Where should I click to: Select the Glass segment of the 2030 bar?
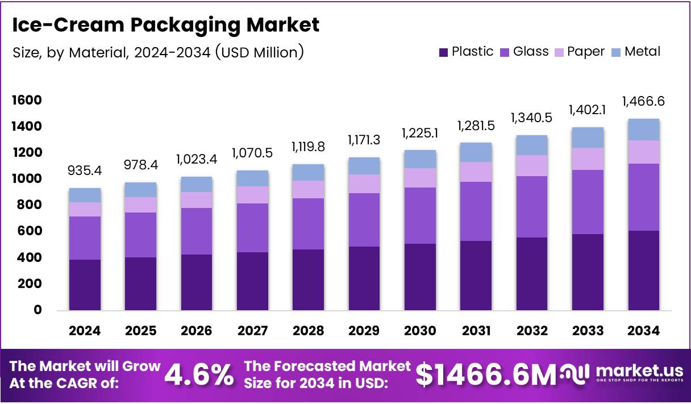(x=420, y=215)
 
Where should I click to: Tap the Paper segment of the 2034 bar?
(x=643, y=152)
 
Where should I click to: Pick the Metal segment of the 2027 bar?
(x=253, y=178)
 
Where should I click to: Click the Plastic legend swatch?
(x=444, y=52)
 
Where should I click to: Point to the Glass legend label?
(x=531, y=52)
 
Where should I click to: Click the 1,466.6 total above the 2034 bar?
(x=643, y=102)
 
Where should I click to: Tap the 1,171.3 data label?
(x=364, y=140)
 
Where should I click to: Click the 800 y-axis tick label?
(x=29, y=205)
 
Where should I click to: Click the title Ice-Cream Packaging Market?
(x=165, y=25)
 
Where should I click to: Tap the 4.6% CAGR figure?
(x=199, y=374)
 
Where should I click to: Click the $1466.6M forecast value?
(x=486, y=374)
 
